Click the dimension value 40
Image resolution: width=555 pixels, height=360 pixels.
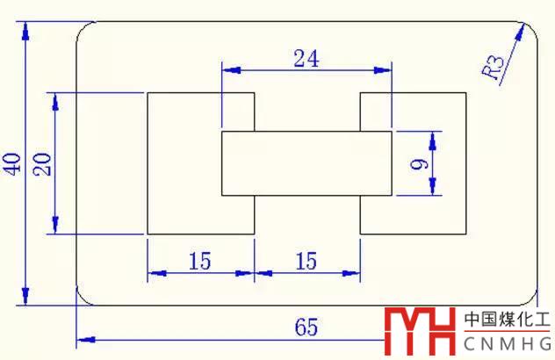[13, 163]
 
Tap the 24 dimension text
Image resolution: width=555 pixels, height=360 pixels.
[306, 59]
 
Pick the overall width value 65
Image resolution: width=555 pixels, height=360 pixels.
[306, 328]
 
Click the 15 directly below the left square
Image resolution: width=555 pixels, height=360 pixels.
[199, 261]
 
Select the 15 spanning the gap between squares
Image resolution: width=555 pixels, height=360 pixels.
[306, 261]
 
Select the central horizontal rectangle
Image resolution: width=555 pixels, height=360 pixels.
[306, 163]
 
